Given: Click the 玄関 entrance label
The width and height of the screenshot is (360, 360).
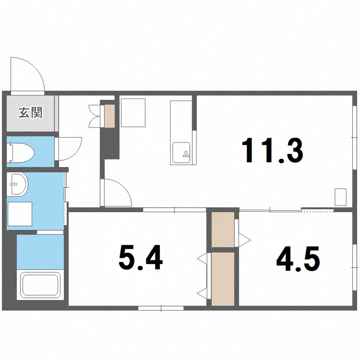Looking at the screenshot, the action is coord(31,113).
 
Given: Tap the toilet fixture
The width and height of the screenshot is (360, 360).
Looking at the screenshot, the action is coord(21,153).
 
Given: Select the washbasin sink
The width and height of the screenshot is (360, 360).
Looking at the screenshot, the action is coord(17,184).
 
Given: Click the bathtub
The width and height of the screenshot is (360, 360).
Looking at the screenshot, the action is coord(40,285).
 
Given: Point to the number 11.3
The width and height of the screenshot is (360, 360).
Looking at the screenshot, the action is coord(273,150).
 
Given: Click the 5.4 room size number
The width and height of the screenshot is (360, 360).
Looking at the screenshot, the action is coord(141,257).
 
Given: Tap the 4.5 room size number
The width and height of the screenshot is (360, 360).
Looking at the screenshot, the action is coord(298,259).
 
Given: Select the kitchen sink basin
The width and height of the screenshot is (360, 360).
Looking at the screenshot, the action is coord(181,153).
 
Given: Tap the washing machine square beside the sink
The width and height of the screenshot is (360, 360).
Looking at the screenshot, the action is coord(20,214).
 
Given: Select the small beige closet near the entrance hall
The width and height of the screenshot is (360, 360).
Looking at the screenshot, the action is coord(109,116).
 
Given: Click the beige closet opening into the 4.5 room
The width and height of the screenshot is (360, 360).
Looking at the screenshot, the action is coord(223,229).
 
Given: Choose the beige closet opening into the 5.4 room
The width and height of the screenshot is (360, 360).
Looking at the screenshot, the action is coord(223,279).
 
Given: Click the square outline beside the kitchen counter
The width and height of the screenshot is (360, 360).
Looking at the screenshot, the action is coord(133,113).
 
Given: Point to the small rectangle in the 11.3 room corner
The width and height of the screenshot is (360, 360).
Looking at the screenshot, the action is coord(340,197).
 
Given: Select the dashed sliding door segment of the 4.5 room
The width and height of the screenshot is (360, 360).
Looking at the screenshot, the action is coord(317,210).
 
